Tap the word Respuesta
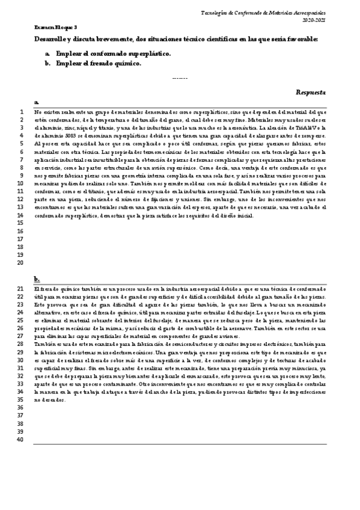311,93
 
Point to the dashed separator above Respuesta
180,78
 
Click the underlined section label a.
37,103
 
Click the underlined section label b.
37,279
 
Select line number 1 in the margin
21,112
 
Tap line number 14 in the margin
20,215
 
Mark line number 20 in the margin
20,262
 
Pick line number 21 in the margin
20,290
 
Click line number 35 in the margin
20,400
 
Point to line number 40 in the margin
20,439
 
